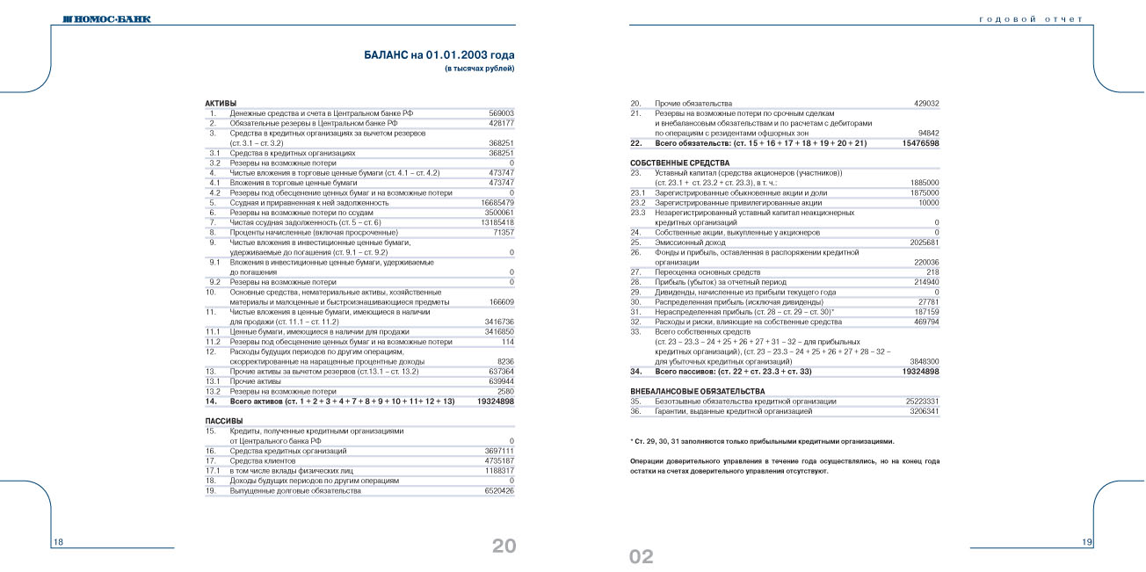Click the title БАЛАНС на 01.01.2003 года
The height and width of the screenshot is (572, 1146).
[x=439, y=54]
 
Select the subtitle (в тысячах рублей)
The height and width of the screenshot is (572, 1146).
[x=479, y=69]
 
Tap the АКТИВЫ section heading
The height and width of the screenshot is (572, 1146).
[x=221, y=104]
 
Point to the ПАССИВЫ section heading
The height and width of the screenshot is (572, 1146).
[x=223, y=421]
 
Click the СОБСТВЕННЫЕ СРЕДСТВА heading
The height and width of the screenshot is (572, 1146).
[x=679, y=163]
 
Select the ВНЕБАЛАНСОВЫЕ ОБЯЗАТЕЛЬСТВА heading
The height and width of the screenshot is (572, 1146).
[x=697, y=390]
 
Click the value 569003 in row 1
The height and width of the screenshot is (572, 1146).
[x=501, y=114]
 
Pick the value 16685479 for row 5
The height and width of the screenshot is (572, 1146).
[x=497, y=202]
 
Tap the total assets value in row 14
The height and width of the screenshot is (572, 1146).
[x=495, y=401]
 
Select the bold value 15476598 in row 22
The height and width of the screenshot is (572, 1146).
[x=920, y=142]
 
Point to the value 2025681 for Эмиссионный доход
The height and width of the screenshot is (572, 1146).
[x=923, y=242]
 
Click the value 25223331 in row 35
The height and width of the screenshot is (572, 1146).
[x=921, y=401]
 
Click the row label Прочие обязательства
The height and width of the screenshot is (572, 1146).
[x=693, y=104]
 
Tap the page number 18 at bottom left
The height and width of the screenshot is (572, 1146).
[x=59, y=542]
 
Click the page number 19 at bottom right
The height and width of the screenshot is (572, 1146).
[x=1087, y=542]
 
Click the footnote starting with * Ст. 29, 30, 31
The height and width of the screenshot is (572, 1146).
[x=762, y=440]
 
